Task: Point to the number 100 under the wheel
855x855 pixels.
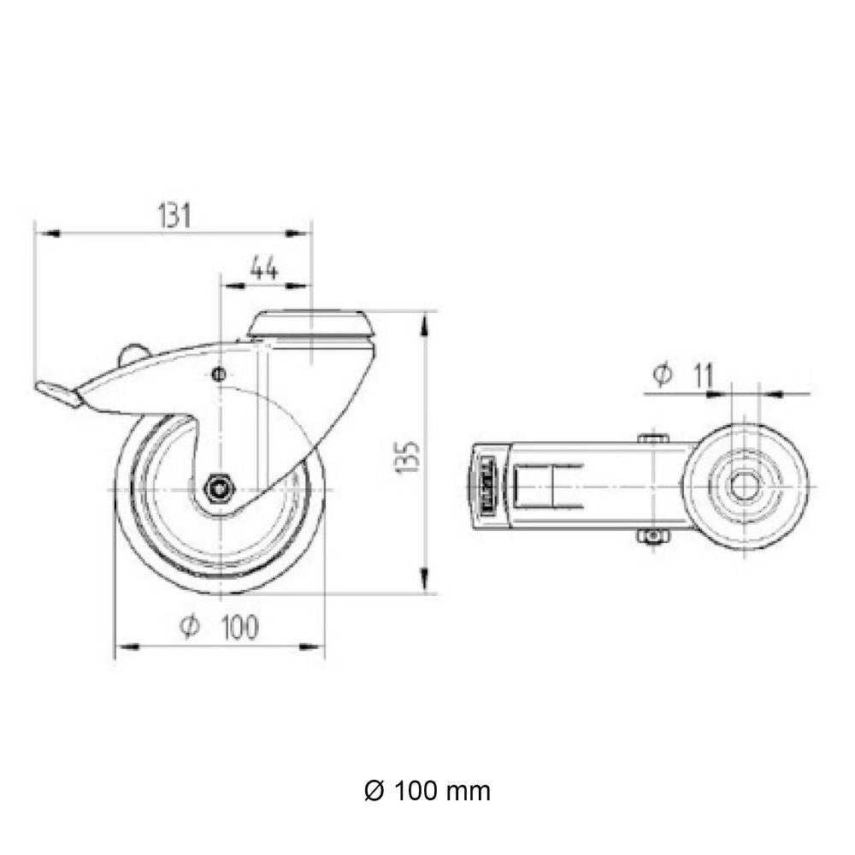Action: coord(239,628)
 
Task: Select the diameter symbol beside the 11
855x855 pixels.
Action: coord(662,374)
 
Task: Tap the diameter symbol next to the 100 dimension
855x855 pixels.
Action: coord(190,628)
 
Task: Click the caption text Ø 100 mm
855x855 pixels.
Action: coord(427,791)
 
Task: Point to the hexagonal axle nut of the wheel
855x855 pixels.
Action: coord(220,488)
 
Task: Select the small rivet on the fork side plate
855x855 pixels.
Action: coord(218,374)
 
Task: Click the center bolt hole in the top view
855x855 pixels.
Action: coord(743,486)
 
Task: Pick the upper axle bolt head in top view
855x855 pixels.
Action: coord(652,438)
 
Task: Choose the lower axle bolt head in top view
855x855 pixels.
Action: coord(652,536)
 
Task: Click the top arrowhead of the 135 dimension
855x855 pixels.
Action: coord(424,321)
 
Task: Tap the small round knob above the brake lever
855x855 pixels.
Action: coord(133,352)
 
